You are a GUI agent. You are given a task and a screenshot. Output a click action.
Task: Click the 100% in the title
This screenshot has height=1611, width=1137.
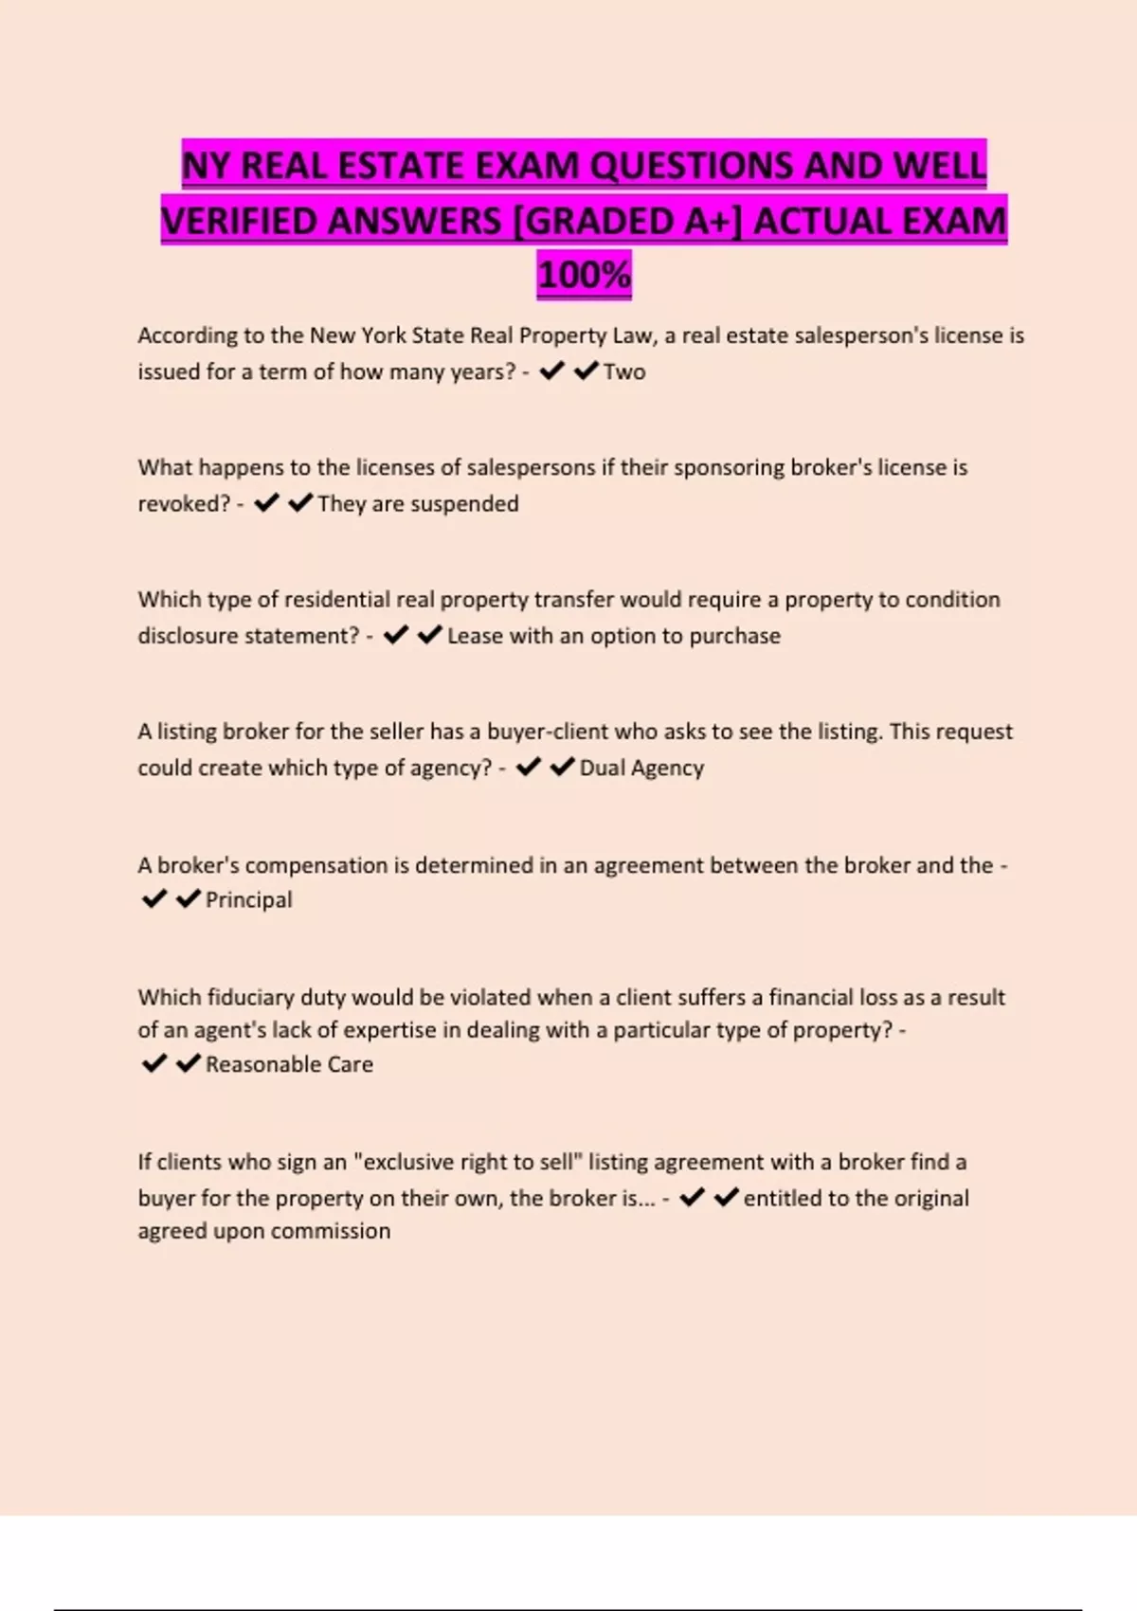584,275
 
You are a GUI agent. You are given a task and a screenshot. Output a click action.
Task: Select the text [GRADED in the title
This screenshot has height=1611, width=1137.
626,221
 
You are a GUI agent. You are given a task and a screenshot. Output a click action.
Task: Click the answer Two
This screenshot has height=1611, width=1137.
624,371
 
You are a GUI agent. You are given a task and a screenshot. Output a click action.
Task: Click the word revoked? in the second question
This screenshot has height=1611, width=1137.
184,503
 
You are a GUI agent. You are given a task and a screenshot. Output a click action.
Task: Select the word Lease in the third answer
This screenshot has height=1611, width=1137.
475,636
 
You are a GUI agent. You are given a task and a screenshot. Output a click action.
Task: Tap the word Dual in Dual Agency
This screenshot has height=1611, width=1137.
600,768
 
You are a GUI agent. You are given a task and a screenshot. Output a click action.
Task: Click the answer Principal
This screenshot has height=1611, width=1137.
249,899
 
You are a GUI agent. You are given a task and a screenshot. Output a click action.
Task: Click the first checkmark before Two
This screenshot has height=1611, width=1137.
550,371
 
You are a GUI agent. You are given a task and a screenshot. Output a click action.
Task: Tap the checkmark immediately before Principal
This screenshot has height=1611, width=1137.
189,898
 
